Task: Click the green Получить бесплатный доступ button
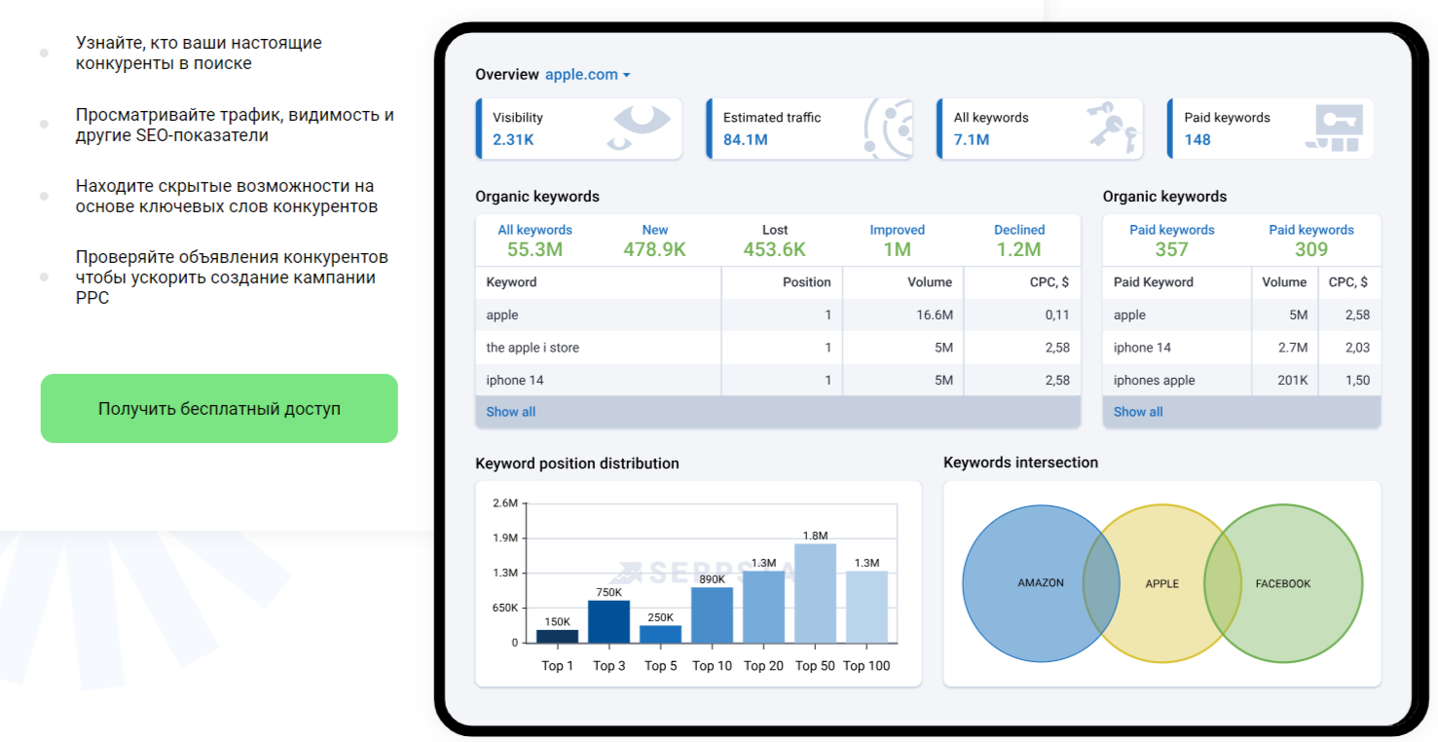[x=219, y=408]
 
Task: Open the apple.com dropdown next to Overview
[x=587, y=74]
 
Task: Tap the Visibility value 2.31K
[x=513, y=139]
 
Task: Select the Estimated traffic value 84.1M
[x=746, y=139]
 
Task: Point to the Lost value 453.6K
[x=774, y=249]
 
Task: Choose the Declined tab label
[x=1018, y=230]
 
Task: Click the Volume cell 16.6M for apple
[x=934, y=315]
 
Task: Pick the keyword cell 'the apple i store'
[x=533, y=348]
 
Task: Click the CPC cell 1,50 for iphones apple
[x=1357, y=380]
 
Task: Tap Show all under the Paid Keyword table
[x=1137, y=412]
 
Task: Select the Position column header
[x=806, y=281]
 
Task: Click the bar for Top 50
[x=815, y=593]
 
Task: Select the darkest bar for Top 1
[x=557, y=636]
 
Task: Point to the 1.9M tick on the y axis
[x=505, y=538]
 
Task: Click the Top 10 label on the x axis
[x=712, y=666]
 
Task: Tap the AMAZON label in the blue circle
[x=1041, y=583]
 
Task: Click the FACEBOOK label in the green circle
[x=1282, y=583]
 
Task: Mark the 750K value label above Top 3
[x=608, y=592]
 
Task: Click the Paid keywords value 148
[x=1198, y=139]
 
